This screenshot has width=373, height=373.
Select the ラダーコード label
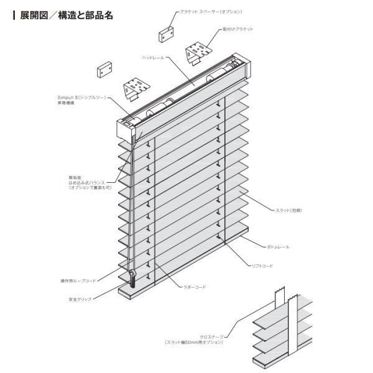[x=195, y=287]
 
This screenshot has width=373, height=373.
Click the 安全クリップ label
[x=80, y=299]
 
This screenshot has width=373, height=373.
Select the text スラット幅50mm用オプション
[x=193, y=342]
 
